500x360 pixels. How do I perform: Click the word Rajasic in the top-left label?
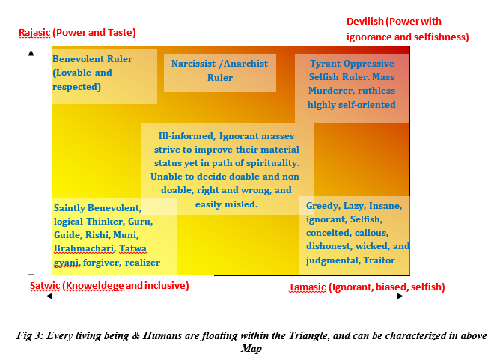[x=34, y=33]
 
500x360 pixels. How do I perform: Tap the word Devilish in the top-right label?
[x=365, y=22]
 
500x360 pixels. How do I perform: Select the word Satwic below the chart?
[x=45, y=285]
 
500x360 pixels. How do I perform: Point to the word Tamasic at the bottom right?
[x=307, y=287]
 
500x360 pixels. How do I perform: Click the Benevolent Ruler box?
[x=105, y=76]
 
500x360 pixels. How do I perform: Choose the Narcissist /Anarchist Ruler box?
[x=220, y=73]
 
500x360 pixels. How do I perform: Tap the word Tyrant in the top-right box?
[x=324, y=64]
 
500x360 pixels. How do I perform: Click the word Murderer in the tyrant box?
[x=331, y=91]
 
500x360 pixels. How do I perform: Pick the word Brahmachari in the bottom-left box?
[x=84, y=248]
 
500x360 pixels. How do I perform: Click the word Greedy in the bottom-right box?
[x=323, y=206]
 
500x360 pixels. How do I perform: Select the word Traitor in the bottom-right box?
[x=379, y=260]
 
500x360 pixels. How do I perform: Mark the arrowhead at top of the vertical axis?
[x=31, y=52]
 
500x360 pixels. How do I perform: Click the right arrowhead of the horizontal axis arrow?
[x=400, y=296]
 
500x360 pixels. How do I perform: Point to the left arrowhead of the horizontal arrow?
[x=49, y=296]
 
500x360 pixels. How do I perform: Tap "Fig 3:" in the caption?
[x=29, y=335]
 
